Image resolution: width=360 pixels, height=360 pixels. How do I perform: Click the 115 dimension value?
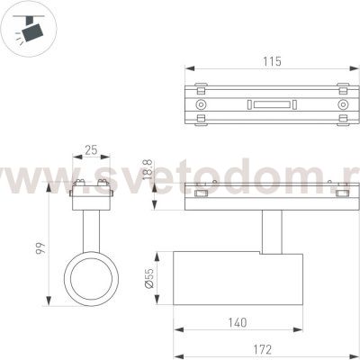click(272, 62)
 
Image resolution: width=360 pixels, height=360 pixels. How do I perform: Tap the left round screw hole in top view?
click(201, 105)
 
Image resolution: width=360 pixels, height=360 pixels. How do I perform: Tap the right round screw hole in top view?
click(343, 105)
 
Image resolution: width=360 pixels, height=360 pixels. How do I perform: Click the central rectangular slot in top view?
click(272, 105)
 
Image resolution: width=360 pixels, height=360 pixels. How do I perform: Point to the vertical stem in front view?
click(89, 229)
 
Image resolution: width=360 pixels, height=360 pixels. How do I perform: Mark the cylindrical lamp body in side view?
click(238, 279)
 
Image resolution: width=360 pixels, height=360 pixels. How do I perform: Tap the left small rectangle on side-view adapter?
click(201, 192)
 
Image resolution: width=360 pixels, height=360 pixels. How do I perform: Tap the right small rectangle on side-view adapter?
click(342, 192)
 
